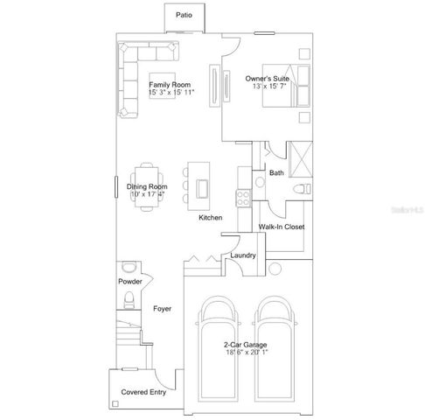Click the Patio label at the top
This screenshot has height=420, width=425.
click(x=184, y=15)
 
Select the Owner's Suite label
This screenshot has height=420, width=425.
click(x=267, y=82)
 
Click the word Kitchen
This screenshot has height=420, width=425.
click(x=211, y=217)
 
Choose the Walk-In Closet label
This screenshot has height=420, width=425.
click(x=282, y=227)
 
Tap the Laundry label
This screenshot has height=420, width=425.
click(x=242, y=255)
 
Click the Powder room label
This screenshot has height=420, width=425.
click(x=130, y=281)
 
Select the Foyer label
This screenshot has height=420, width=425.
click(x=162, y=309)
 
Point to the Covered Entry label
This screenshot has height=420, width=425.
click(x=144, y=392)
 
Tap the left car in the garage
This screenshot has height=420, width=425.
click(x=216, y=350)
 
